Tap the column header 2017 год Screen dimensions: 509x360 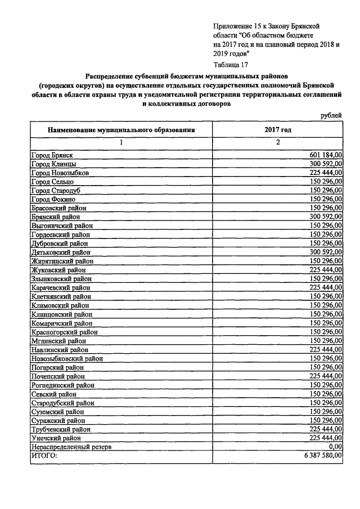278,129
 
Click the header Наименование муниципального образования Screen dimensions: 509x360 121,129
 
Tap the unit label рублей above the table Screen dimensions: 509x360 330,115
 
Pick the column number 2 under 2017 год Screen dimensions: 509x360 278,142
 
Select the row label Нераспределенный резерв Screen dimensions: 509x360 71,447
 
